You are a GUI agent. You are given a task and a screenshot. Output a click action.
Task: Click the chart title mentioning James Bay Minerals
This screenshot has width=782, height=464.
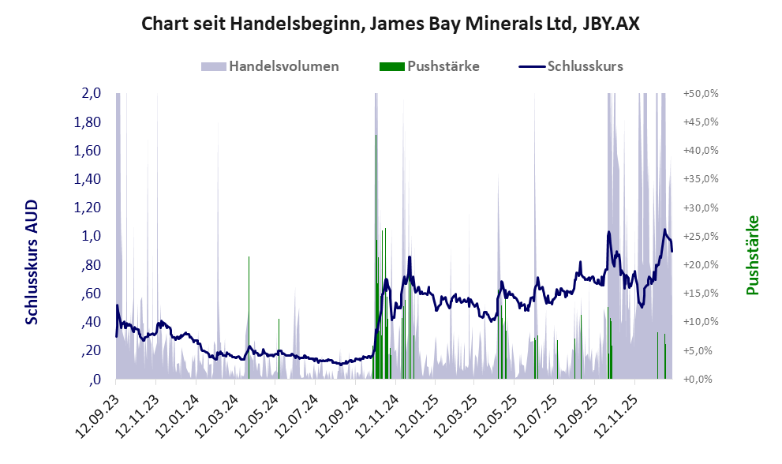point(391,24)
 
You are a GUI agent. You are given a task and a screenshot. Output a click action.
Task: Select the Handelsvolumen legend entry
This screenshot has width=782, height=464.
point(270,66)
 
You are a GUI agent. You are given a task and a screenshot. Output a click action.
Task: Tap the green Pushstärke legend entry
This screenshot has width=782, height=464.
point(429,66)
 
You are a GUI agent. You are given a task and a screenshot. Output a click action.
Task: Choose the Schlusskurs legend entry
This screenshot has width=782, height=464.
point(571,66)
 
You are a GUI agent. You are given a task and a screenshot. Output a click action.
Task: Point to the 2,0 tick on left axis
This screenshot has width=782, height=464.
point(92,93)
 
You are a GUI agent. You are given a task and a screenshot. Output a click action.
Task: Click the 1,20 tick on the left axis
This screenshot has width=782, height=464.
point(88,208)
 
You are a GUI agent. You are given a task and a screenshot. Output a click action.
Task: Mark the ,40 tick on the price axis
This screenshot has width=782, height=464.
point(91,322)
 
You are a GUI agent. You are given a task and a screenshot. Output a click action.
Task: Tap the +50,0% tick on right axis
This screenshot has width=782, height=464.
point(701,93)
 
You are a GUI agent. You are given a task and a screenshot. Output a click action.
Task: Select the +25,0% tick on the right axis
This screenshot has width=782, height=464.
point(701,236)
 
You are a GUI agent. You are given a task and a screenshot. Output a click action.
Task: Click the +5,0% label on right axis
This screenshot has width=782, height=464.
point(701,350)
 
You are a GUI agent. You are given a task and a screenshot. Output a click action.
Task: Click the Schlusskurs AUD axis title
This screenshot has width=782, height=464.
point(32,262)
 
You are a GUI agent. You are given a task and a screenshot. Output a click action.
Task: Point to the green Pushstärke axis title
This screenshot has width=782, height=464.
point(752,256)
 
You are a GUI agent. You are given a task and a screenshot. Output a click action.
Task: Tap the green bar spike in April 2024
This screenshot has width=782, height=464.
point(249,317)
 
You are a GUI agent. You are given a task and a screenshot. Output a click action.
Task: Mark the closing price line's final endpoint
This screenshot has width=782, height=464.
point(672,252)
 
